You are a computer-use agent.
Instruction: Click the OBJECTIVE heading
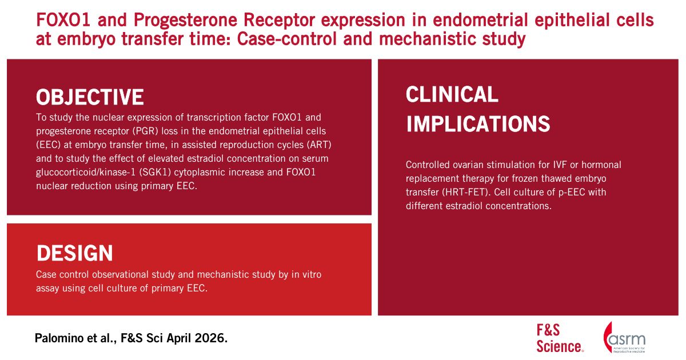pyautogui.click(x=90, y=97)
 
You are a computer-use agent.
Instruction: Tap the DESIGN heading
pyautogui.click(x=75, y=253)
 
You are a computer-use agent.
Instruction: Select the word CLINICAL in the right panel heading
pyautogui.click(x=452, y=94)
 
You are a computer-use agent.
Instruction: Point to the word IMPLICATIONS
pyautogui.click(x=478, y=124)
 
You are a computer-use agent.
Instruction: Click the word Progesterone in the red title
pyautogui.click(x=185, y=21)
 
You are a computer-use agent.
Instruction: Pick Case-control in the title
pyautogui.click(x=287, y=39)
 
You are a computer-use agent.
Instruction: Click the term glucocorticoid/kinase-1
pyautogui.click(x=85, y=173)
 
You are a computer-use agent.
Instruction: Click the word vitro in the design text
pyautogui.click(x=312, y=275)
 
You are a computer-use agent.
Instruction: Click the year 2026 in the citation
pyautogui.click(x=210, y=338)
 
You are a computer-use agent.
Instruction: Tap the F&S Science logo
pyautogui.click(x=560, y=338)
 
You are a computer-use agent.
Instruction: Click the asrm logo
pyautogui.click(x=624, y=338)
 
